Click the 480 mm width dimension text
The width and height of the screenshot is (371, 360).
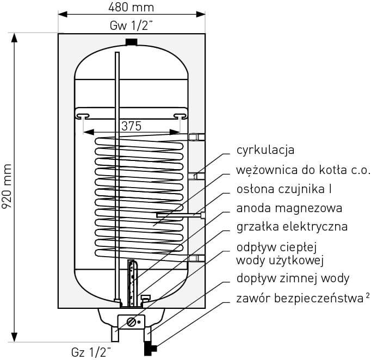pos(131,7)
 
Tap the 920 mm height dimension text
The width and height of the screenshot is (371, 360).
pos(7,186)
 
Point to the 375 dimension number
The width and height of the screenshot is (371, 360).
pos(131,126)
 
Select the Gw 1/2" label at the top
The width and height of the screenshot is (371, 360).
pos(131,26)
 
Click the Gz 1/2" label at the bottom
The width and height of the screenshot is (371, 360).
pos(91,352)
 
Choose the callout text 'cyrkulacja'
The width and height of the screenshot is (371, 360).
pos(265,150)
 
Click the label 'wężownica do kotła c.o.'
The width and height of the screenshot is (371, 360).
pos(304,170)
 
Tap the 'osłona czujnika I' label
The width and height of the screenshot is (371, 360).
pos(284,189)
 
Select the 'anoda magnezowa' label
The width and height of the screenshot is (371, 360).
pos(289,208)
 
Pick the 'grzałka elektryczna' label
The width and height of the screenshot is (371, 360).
pos(292,227)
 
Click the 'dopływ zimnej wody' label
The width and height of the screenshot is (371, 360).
pos(293,278)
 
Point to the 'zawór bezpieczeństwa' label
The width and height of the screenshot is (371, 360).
pos(300,299)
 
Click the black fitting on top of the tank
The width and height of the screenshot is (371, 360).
pos(131,42)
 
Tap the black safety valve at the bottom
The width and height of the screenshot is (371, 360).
pos(150,349)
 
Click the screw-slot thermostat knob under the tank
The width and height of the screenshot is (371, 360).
pos(131,322)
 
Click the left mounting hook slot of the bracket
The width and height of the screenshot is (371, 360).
pos(83,116)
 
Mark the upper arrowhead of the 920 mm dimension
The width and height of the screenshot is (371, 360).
pos(15,38)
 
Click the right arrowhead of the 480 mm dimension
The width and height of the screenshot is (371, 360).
pos(201,14)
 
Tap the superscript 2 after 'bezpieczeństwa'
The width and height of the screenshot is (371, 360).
pos(367,295)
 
